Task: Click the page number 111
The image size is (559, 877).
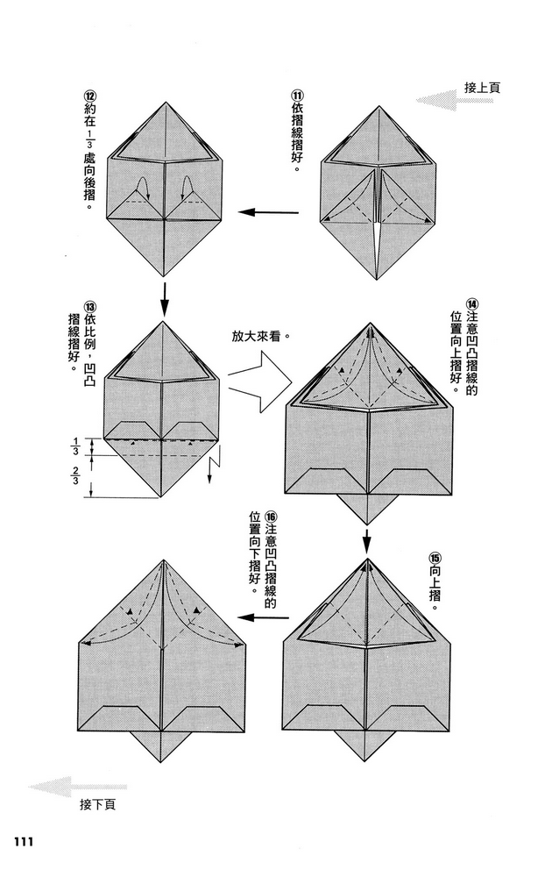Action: pyautogui.click(x=22, y=841)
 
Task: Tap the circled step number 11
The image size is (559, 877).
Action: pyautogui.click(x=297, y=95)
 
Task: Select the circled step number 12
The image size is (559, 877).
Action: pyautogui.click(x=88, y=95)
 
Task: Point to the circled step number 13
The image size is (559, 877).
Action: pyautogui.click(x=88, y=306)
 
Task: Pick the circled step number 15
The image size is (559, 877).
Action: pyautogui.click(x=435, y=558)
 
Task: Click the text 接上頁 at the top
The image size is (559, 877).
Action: pyautogui.click(x=482, y=88)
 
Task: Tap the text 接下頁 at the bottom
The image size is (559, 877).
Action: pyautogui.click(x=97, y=804)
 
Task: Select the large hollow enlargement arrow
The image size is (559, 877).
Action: pyautogui.click(x=260, y=382)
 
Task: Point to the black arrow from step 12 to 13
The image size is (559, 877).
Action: pyautogui.click(x=164, y=299)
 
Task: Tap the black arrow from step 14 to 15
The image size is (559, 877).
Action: pyautogui.click(x=367, y=539)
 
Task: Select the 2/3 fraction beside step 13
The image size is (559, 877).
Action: pyautogui.click(x=75, y=474)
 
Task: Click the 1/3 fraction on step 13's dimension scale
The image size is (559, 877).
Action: pyautogui.click(x=75, y=447)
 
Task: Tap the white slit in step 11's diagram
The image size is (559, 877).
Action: pyautogui.click(x=378, y=242)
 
